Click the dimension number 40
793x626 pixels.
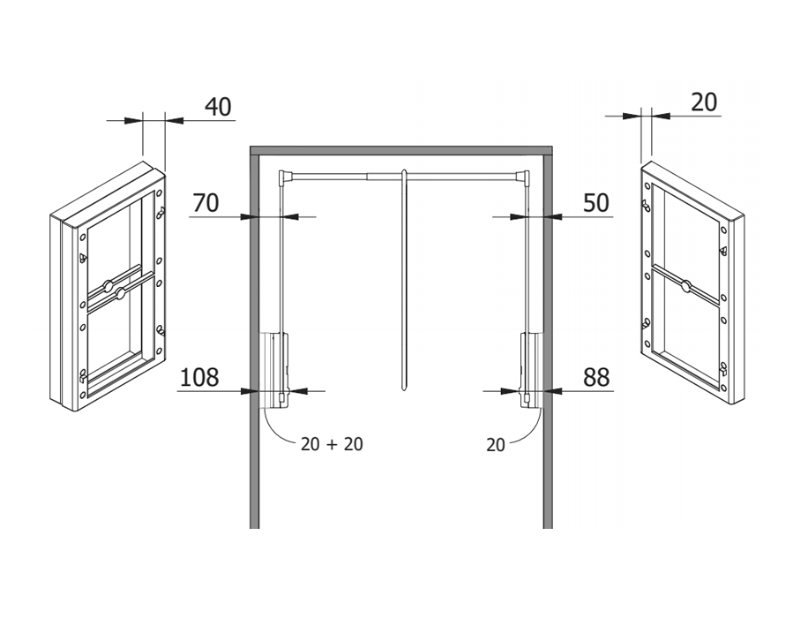pos(218,107)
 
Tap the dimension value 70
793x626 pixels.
pos(206,203)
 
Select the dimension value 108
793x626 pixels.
pos(199,378)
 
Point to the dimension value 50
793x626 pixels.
pos(596,203)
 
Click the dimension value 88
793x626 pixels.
pos(596,378)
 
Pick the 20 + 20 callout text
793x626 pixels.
pos(332,444)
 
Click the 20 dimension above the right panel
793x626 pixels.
pos(704,102)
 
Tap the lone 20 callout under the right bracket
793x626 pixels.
pos(496,445)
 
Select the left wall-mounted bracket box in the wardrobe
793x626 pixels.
pos(273,369)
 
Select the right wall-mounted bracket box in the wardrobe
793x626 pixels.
pos(532,369)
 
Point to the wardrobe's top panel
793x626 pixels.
pos(401,150)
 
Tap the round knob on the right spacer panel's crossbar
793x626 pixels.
pos(685,286)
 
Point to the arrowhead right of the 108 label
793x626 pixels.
pos(298,390)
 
